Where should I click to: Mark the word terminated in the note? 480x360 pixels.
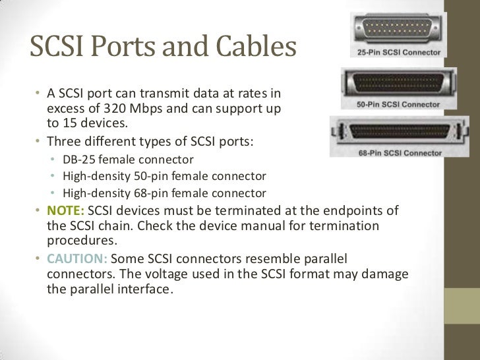[243, 210]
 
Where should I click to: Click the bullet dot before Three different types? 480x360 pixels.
[40, 141]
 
